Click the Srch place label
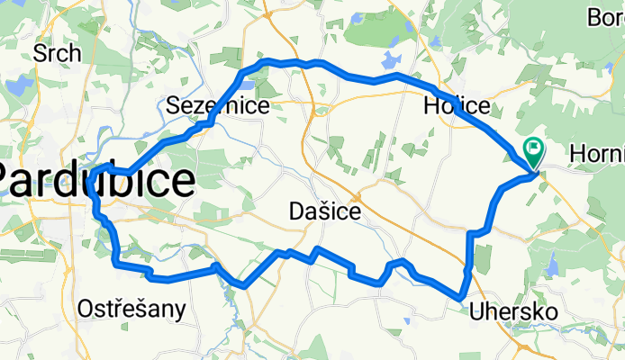tap(57, 53)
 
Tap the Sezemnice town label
tap(218, 106)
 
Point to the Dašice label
tap(325, 212)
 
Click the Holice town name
tap(457, 106)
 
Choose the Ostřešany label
tap(131, 310)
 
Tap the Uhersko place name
tap(513, 311)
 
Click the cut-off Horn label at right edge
tap(598, 155)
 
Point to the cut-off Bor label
tap(605, 17)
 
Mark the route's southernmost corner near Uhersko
tap(460, 296)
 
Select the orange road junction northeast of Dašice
tap(358, 196)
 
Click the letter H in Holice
tap(431, 106)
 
